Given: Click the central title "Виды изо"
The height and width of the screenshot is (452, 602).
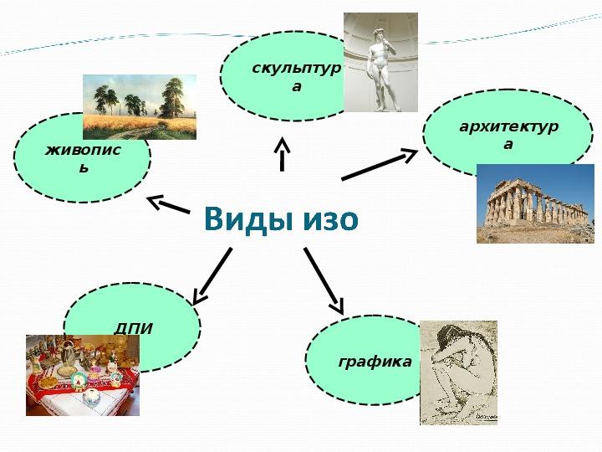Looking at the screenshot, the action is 281,219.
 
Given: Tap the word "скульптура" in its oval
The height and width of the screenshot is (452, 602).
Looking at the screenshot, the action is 296,77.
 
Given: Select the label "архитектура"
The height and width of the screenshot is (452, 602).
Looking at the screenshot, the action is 508,135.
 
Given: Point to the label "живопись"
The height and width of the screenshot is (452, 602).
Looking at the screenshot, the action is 83,158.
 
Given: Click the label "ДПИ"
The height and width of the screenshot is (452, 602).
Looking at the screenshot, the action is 133,329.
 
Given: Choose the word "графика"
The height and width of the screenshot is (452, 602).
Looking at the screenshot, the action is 375,362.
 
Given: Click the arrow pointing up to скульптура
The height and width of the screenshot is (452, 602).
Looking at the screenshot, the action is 283,154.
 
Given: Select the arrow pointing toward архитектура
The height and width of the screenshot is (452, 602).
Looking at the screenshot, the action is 380,165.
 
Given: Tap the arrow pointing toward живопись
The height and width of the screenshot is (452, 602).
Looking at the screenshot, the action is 169,204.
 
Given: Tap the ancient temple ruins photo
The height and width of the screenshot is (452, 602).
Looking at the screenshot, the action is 535,203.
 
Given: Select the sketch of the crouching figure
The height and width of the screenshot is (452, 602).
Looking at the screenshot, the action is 458,372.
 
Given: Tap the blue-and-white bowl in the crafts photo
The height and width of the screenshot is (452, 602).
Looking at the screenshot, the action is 92,397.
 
